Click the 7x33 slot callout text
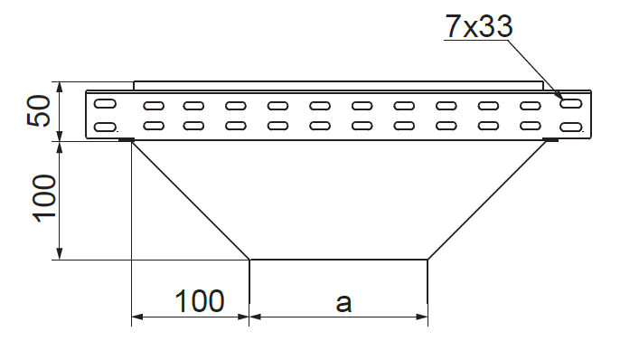pos(478,26)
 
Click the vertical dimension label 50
pos(39,110)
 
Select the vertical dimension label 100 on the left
pos(44,199)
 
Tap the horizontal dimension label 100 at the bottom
pos(199,301)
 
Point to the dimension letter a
pos(343,303)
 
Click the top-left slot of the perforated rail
pos(105,103)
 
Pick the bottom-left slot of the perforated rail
pos(105,128)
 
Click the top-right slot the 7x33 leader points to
pos(571,103)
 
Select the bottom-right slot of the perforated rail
pos(571,128)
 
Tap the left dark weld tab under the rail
pos(127,140)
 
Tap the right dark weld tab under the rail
pos(551,140)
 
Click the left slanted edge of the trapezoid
pos(191,201)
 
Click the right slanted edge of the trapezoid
pos(487,201)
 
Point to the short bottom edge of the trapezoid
pos(339,260)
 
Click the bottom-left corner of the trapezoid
pos(249,260)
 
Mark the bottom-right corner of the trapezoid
pos(428,260)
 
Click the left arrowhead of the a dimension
pos(255,317)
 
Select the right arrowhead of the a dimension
pos(422,317)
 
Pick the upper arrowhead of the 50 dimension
pos(60,88)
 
